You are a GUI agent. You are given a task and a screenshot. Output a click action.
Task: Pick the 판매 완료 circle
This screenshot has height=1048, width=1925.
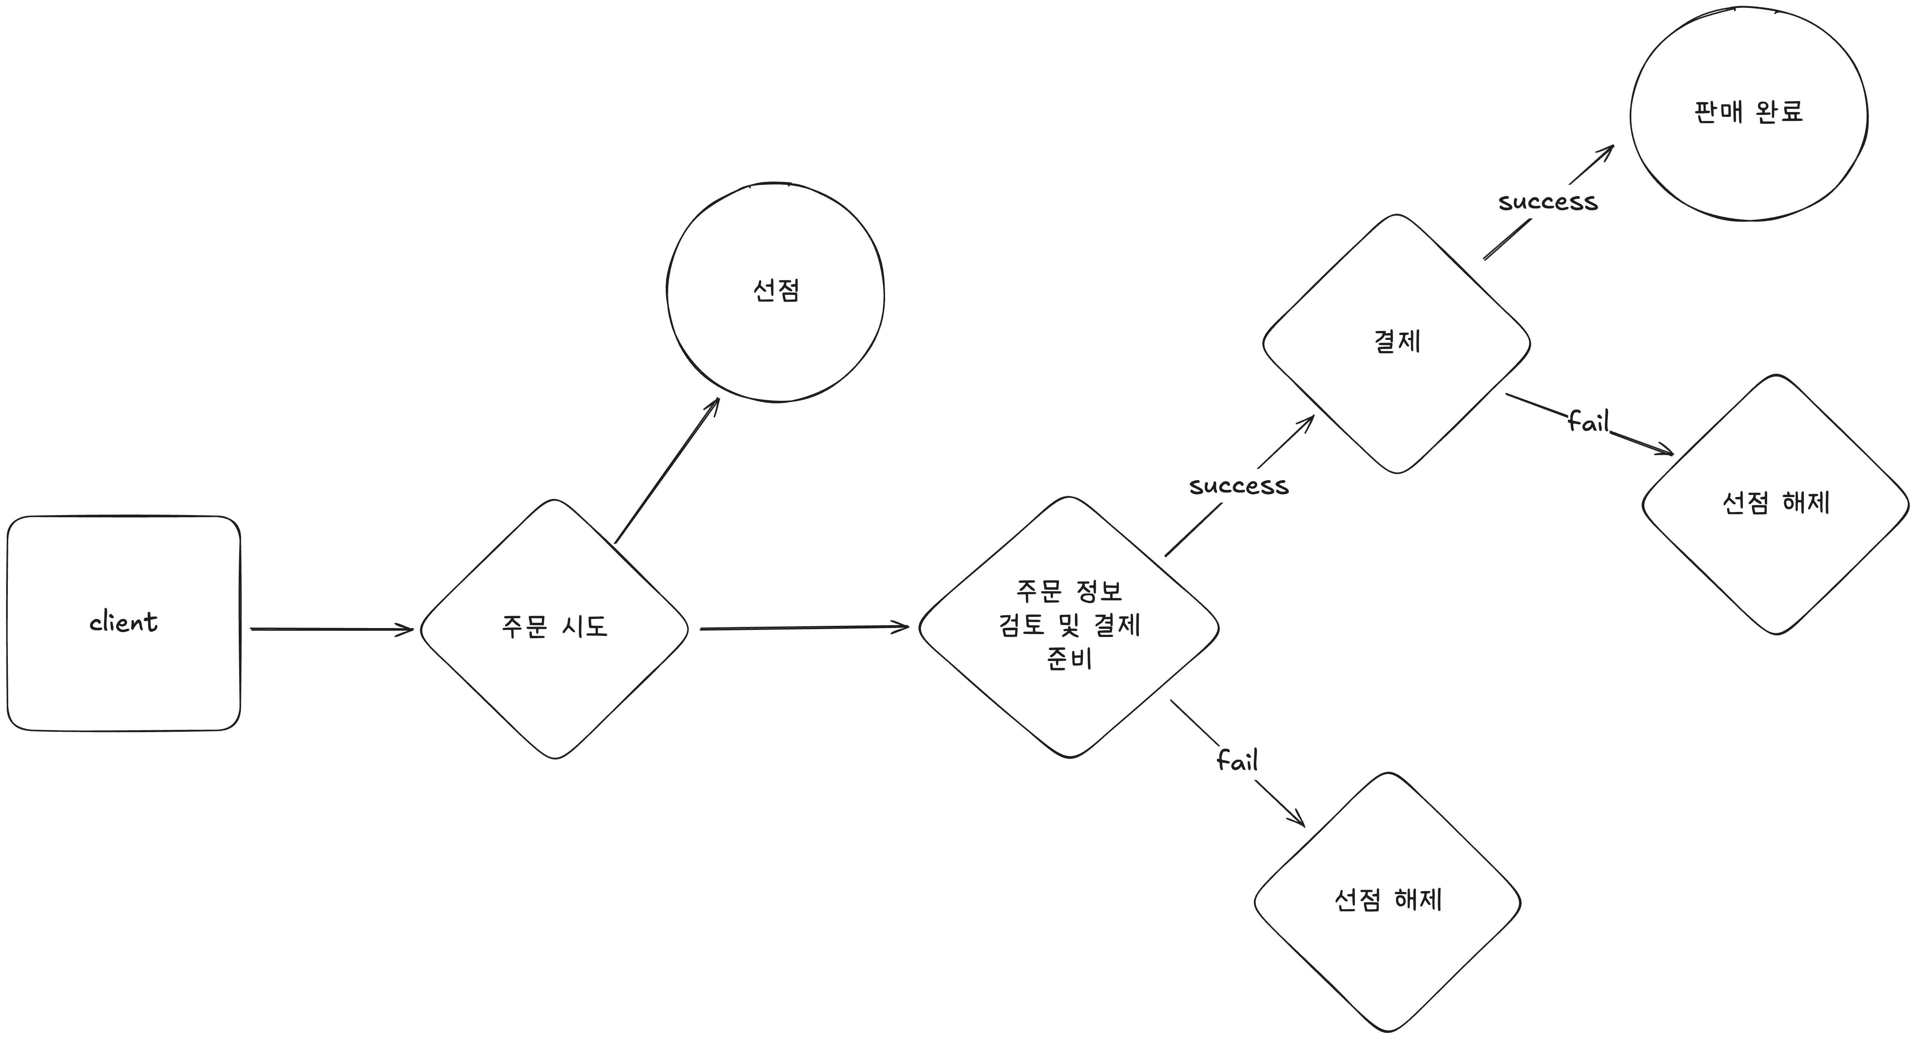(x=1749, y=164)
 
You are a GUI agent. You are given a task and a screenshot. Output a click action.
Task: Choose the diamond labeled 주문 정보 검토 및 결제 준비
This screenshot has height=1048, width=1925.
(x=1069, y=703)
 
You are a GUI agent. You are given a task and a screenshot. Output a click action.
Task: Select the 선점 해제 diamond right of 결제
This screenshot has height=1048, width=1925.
(x=1776, y=553)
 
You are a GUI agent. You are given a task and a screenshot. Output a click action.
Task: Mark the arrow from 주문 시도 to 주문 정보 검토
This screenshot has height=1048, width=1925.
(x=803, y=628)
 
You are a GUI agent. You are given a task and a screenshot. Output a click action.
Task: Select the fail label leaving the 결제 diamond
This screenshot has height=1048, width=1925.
(x=1588, y=422)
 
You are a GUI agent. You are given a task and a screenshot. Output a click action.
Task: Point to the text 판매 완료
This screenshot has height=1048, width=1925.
(x=1749, y=112)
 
